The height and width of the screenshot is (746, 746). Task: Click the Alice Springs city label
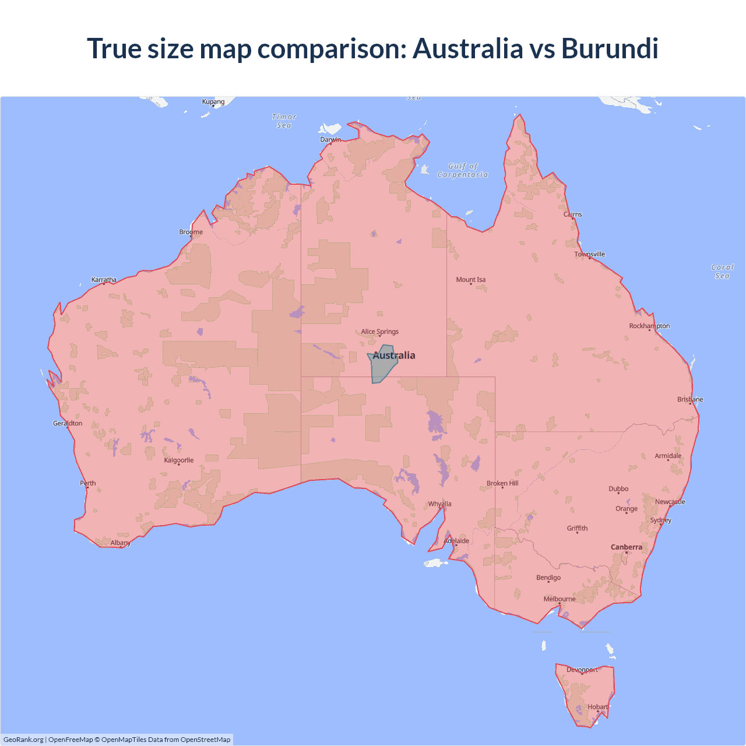click(x=379, y=332)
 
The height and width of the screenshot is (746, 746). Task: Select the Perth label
click(x=88, y=483)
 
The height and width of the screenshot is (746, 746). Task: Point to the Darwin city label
click(x=330, y=140)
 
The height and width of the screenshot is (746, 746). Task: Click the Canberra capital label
click(x=627, y=547)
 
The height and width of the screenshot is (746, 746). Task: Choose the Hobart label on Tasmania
click(x=598, y=707)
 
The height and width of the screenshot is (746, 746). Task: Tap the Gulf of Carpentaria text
click(x=463, y=170)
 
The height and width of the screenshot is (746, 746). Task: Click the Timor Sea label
click(x=284, y=121)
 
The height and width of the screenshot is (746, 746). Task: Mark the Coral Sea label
click(x=722, y=272)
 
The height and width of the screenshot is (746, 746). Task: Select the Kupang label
click(x=213, y=101)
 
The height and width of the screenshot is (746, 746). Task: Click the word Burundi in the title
click(x=610, y=48)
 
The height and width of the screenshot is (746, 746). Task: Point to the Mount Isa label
click(x=471, y=280)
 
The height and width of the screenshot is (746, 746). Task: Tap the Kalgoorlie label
click(x=179, y=460)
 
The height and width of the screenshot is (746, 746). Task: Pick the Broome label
click(x=191, y=232)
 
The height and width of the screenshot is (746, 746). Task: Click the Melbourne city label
click(x=559, y=599)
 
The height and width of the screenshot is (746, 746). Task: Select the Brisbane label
click(x=690, y=399)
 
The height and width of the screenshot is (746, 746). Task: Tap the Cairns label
click(x=573, y=214)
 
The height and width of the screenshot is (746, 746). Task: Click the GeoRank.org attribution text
click(x=23, y=740)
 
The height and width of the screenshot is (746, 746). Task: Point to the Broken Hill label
click(x=502, y=483)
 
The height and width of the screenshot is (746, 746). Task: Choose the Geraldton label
click(x=68, y=423)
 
